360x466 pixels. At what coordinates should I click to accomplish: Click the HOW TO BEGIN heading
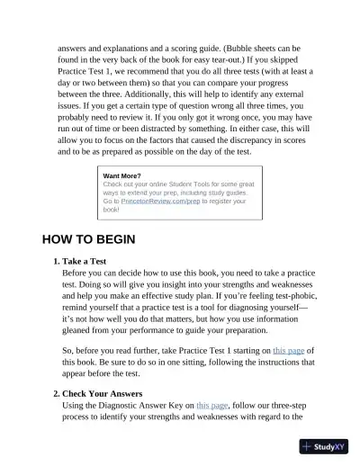88,240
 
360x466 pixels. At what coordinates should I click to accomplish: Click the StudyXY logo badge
328,446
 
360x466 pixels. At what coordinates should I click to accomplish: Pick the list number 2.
56,393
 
